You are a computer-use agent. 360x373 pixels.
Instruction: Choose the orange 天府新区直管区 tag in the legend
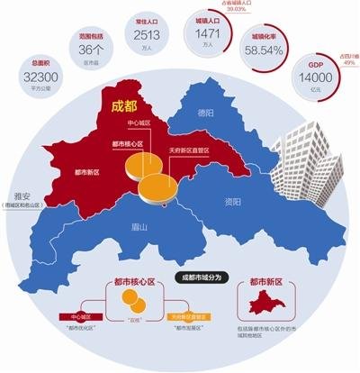tap(188, 318)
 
